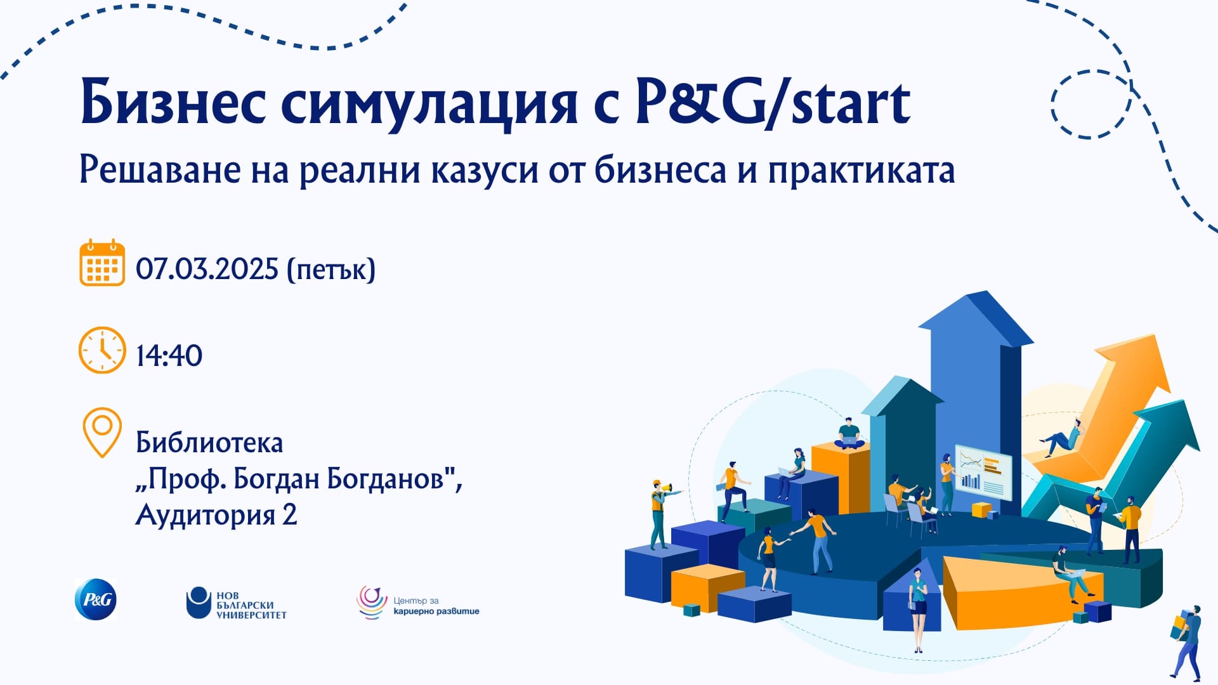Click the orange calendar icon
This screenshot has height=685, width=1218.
click(101, 263)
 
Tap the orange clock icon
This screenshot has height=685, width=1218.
click(101, 350)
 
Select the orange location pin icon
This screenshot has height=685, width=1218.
click(102, 433)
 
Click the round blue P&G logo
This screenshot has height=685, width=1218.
click(96, 599)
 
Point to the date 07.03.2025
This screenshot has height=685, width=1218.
click(207, 269)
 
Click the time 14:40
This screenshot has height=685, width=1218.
click(169, 355)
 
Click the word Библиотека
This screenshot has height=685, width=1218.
click(209, 443)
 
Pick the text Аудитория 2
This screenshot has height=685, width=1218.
click(216, 514)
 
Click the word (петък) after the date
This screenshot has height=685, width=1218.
click(331, 270)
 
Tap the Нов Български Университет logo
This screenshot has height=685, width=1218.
click(236, 604)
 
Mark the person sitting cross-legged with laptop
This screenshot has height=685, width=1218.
click(849, 435)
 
